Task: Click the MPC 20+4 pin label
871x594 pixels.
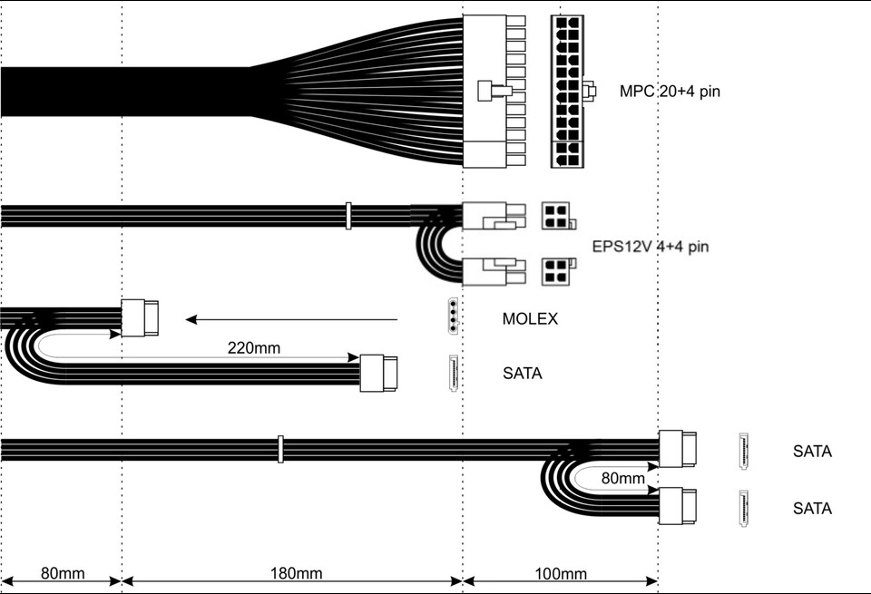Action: (x=670, y=91)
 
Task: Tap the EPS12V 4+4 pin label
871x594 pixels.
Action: (x=651, y=246)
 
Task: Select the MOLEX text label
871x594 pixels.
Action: (x=530, y=318)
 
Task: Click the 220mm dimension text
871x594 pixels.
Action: (x=254, y=348)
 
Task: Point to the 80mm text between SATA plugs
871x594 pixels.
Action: (x=623, y=478)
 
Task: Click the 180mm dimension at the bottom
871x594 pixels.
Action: (x=296, y=573)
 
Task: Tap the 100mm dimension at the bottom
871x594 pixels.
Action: (x=561, y=573)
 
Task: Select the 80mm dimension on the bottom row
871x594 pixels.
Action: (x=63, y=573)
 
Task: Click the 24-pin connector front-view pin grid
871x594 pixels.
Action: (x=567, y=92)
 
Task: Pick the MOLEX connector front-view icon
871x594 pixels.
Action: (x=454, y=316)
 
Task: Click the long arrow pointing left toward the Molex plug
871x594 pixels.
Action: (x=291, y=320)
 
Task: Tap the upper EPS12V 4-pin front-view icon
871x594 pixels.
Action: (x=558, y=216)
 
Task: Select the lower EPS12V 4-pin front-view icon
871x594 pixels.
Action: (x=558, y=271)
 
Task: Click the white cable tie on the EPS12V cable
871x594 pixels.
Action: (x=348, y=216)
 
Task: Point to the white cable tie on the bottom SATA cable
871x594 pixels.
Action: (x=280, y=449)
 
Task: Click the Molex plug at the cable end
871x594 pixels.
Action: (x=140, y=318)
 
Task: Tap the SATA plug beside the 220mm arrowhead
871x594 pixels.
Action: (x=379, y=373)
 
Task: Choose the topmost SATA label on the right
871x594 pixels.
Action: (x=812, y=451)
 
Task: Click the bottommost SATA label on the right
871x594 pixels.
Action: (x=812, y=508)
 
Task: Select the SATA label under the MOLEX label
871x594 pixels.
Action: (x=523, y=373)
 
